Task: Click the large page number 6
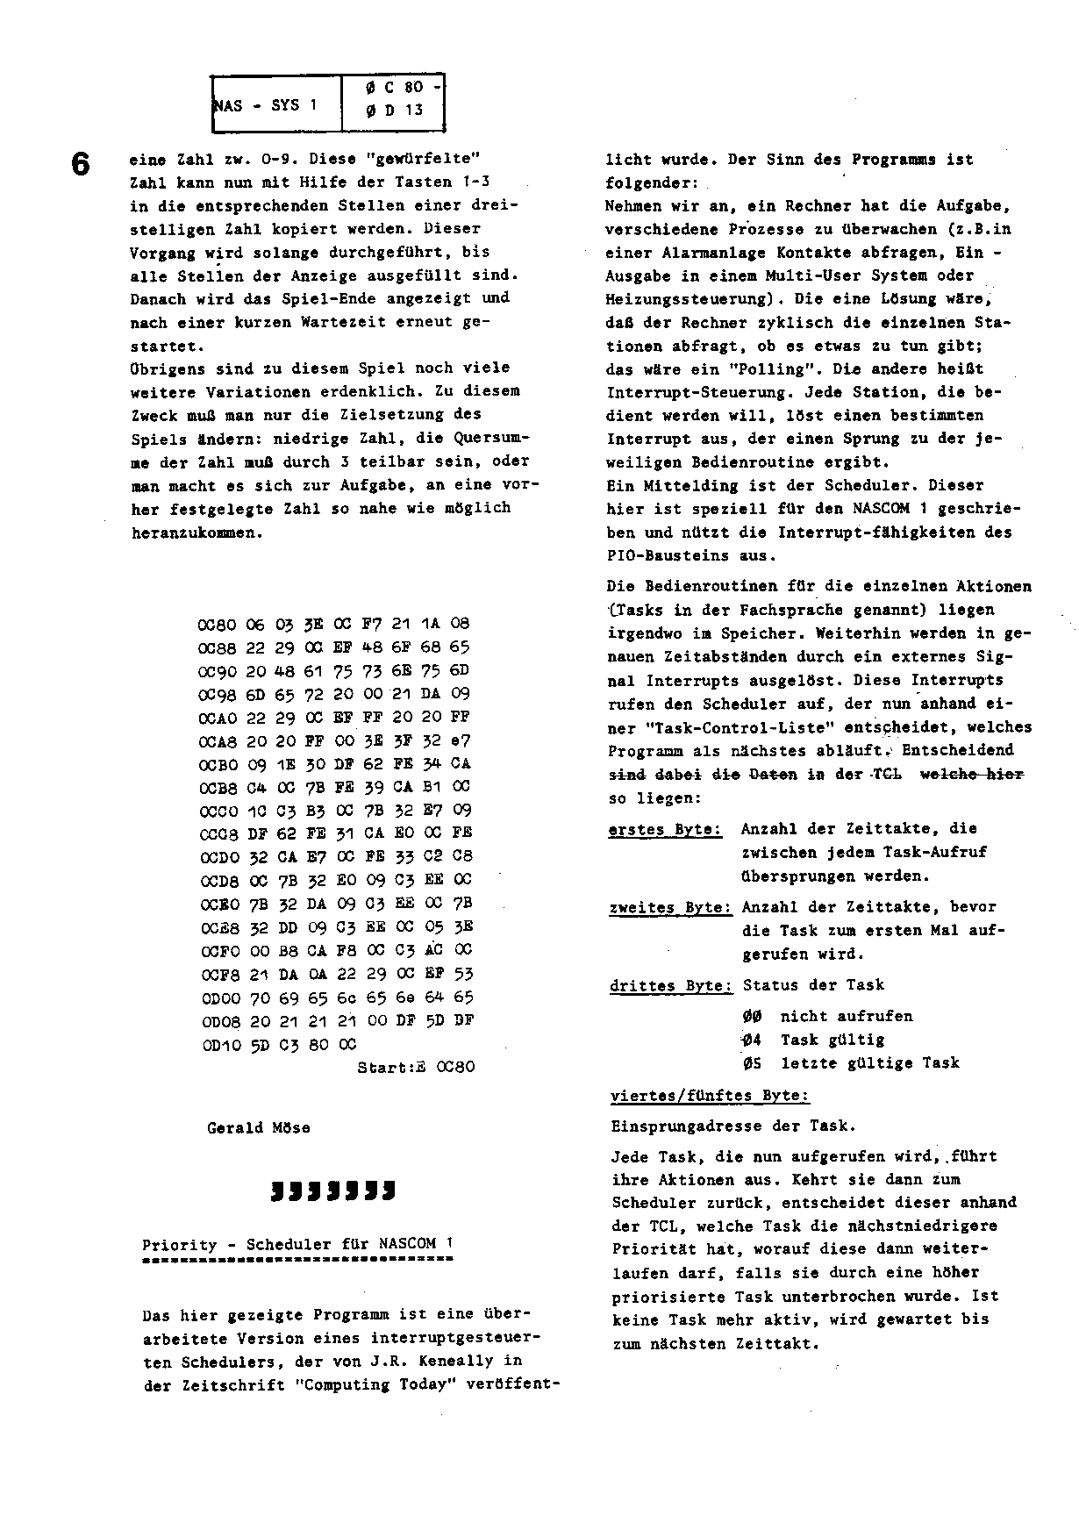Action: pos(81,164)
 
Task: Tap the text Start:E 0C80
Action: pos(416,1068)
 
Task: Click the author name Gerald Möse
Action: pos(258,1128)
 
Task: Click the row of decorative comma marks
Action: pos(332,1191)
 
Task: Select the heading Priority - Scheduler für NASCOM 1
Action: pos(298,1244)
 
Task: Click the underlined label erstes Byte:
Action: pos(666,829)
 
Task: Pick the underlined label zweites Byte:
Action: pos(670,908)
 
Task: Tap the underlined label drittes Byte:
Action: pos(671,986)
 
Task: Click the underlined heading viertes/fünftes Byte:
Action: pos(710,1097)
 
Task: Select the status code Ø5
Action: pos(752,1063)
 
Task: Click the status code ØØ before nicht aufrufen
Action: pos(752,1017)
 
